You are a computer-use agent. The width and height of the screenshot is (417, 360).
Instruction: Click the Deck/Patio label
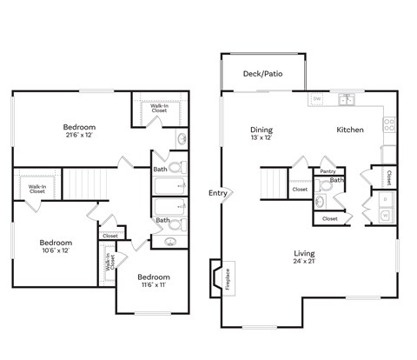pyautogui.click(x=263, y=74)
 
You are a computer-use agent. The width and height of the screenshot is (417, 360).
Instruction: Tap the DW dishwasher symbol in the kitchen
pyautogui.click(x=317, y=99)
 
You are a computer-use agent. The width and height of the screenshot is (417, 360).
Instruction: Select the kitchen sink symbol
pyautogui.click(x=347, y=99)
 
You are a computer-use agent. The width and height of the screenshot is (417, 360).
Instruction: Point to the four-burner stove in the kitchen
pyautogui.click(x=389, y=124)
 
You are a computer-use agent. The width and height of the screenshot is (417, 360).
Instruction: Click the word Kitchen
pyautogui.click(x=350, y=130)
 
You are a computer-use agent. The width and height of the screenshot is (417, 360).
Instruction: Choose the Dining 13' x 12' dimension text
pyautogui.click(x=261, y=133)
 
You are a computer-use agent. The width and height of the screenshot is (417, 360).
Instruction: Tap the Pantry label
pyautogui.click(x=328, y=171)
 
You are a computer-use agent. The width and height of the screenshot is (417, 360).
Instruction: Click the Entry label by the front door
pyautogui.click(x=217, y=192)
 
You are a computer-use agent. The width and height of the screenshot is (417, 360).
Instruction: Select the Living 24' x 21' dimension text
pyautogui.click(x=303, y=257)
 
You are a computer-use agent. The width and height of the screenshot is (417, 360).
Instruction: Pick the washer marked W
pyautogui.click(x=385, y=214)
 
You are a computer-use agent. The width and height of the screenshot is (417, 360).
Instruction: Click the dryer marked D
pyautogui.click(x=385, y=199)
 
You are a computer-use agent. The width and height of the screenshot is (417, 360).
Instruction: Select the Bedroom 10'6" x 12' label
pyautogui.click(x=55, y=246)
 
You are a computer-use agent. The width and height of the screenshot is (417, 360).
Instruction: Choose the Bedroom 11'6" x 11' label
pyautogui.click(x=153, y=279)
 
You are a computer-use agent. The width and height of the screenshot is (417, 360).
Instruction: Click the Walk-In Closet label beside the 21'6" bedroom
pyautogui.click(x=160, y=109)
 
